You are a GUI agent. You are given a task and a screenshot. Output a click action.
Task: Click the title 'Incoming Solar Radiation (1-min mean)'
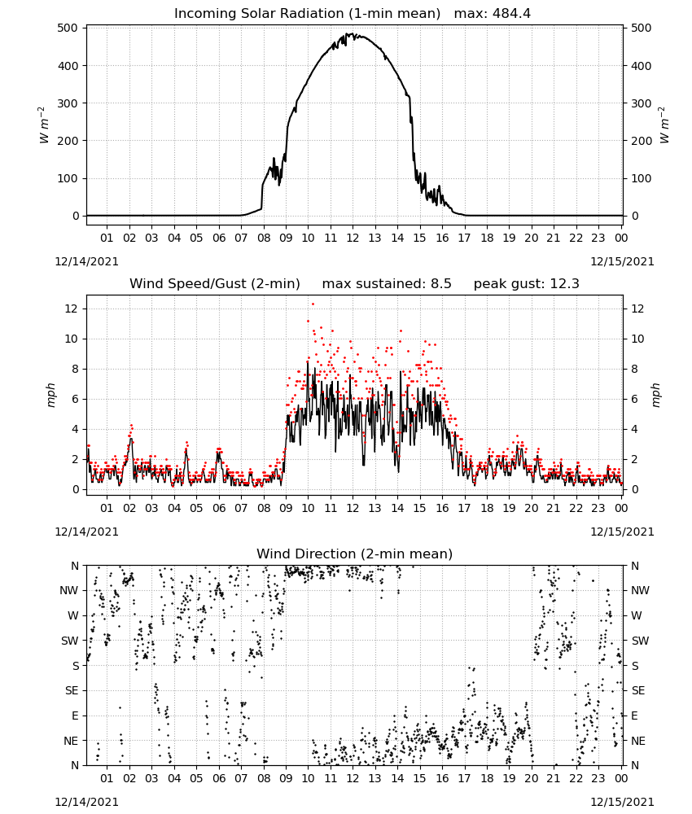[307, 14]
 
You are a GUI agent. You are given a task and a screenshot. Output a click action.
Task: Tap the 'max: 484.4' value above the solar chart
[493, 14]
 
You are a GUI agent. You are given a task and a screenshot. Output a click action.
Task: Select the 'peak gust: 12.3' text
[526, 284]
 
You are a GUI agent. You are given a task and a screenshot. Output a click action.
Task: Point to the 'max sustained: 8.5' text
[387, 284]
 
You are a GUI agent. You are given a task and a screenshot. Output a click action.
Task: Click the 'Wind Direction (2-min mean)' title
[355, 554]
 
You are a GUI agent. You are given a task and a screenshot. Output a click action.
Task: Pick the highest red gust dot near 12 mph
[313, 304]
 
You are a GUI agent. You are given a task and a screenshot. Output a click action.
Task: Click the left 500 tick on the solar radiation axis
[68, 28]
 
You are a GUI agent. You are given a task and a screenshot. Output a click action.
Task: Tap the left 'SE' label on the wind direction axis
[72, 690]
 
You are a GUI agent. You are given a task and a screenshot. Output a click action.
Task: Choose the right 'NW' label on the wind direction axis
[640, 591]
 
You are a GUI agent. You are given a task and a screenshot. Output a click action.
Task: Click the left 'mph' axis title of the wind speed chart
[50, 395]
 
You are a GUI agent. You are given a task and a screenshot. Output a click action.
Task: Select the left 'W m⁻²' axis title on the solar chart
[44, 125]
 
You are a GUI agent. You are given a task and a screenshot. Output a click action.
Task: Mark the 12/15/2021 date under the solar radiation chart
[622, 261]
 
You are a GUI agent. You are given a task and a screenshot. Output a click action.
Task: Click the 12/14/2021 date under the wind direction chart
[86, 802]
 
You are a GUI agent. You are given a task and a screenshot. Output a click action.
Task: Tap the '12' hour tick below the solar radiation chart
[353, 239]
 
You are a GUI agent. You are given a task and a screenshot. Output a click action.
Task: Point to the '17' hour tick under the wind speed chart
[464, 508]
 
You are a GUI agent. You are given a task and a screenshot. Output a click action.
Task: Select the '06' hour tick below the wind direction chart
[219, 779]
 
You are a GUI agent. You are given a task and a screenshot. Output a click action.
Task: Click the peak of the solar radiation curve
[353, 33]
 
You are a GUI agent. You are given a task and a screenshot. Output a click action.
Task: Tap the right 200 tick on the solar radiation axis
[642, 141]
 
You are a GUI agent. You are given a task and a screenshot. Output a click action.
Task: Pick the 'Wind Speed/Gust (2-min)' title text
[214, 284]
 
